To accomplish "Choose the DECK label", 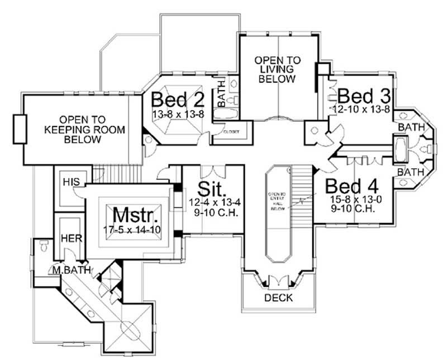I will pos(278,298).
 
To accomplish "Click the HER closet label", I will pos(71,238).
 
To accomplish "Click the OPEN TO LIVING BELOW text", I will pos(277,69).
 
